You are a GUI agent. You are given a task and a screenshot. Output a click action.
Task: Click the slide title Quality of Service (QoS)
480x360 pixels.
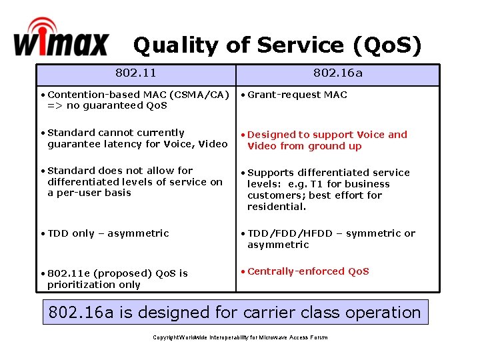coord(277,45)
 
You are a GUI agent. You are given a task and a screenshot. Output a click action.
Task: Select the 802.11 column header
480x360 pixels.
coord(135,73)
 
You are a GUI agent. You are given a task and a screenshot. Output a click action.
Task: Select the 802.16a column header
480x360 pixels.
coord(338,73)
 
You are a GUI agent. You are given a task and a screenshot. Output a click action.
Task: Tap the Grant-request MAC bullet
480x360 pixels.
coord(297,95)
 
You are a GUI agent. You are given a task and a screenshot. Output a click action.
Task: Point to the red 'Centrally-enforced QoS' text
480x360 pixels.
coord(307,271)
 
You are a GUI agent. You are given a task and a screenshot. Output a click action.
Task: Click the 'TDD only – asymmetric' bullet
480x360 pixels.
coord(108,233)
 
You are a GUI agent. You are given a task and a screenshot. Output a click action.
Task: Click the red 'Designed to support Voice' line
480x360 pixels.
coord(327,135)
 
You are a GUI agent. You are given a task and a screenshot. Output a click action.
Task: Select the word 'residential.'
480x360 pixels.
coord(277,207)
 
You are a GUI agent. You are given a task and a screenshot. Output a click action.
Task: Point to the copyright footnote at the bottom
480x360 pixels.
coord(240,337)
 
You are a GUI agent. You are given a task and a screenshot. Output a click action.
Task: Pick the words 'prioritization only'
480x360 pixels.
coord(94,285)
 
